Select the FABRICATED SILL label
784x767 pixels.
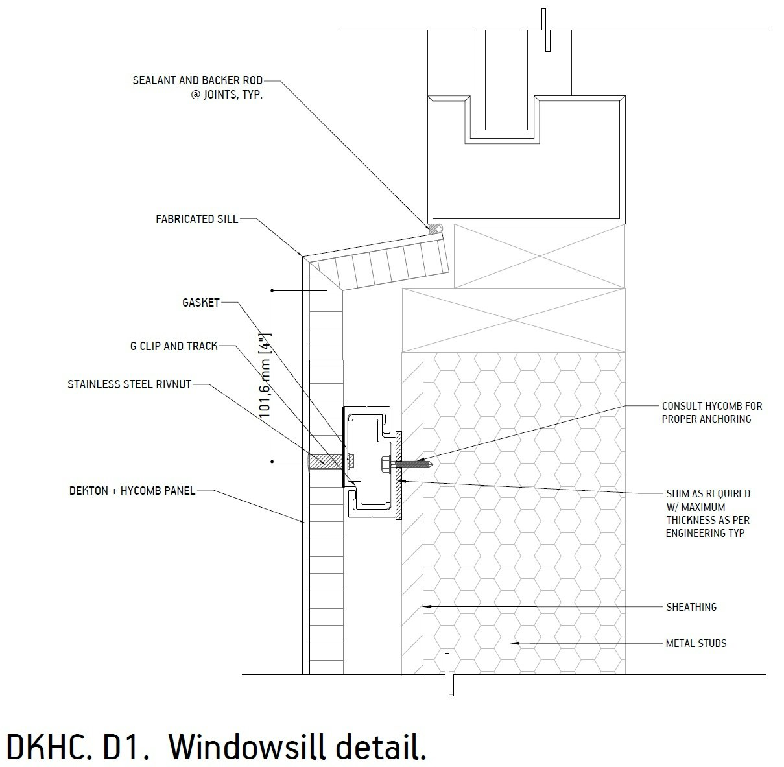196,219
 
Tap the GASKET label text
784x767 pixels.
201,303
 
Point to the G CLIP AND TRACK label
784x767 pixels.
174,346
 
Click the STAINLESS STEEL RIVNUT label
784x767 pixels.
130,384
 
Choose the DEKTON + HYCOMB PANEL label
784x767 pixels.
132,491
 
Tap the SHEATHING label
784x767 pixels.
691,607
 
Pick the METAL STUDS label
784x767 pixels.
696,643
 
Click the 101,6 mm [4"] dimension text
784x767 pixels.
265,376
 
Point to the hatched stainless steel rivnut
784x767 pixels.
324,462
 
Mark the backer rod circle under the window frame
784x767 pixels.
438,229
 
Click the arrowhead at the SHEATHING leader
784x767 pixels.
425,607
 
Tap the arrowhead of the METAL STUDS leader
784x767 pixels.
513,643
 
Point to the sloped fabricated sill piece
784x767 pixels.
383,265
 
